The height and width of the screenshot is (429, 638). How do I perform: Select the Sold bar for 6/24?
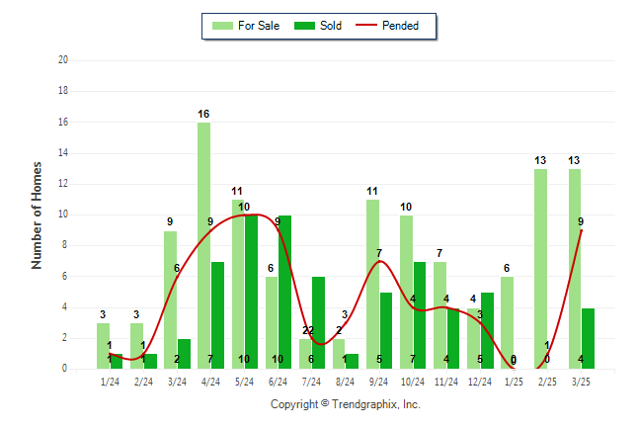click(285, 292)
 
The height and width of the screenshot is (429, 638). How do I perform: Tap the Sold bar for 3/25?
click(589, 338)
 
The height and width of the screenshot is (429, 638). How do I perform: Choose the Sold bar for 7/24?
click(319, 322)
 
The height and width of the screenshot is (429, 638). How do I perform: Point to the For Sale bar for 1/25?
click(507, 322)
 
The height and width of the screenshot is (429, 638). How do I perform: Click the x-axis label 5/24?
click(244, 382)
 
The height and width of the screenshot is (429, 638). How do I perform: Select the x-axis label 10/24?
click(413, 382)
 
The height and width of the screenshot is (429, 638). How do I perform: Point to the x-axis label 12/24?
click(480, 382)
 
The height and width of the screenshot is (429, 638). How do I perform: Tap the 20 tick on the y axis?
click(63, 59)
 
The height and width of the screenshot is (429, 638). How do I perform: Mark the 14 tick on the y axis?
click(63, 152)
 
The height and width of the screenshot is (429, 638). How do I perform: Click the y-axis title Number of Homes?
click(38, 214)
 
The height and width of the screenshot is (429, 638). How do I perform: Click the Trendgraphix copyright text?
click(346, 404)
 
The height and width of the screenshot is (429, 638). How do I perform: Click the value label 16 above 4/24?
click(203, 114)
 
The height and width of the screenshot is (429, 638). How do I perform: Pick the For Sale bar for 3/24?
click(170, 300)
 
